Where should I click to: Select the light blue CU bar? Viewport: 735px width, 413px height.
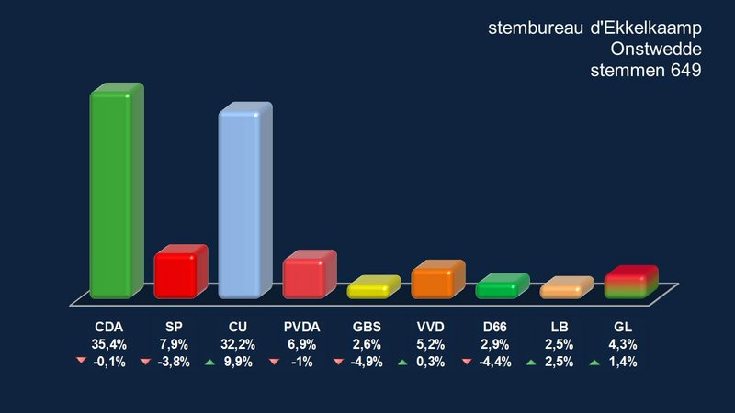(x=243, y=204)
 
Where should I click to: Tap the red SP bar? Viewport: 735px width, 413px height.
(x=178, y=273)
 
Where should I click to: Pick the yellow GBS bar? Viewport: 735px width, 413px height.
(x=371, y=288)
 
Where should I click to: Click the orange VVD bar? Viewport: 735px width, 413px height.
(x=435, y=281)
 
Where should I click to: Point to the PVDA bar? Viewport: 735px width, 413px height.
(x=307, y=275)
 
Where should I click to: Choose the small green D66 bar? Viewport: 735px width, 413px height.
(x=500, y=287)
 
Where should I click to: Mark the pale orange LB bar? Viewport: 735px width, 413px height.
(x=564, y=289)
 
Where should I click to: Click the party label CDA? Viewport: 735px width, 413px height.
(x=109, y=327)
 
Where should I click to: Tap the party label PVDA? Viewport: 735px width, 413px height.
(x=302, y=327)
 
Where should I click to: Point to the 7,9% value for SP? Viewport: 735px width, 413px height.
(x=174, y=344)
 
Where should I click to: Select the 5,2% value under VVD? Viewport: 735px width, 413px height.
(x=431, y=344)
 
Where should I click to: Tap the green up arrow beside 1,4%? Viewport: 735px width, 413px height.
(x=594, y=362)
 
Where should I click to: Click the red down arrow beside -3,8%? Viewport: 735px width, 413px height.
(x=145, y=362)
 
